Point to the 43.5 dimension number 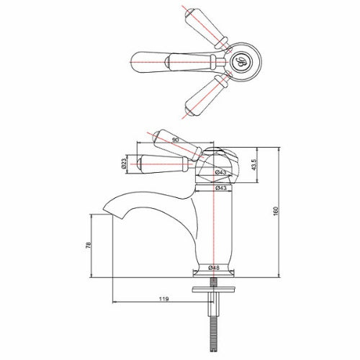click(253, 164)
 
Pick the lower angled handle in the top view click(204, 96)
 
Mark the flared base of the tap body click(213, 271)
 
